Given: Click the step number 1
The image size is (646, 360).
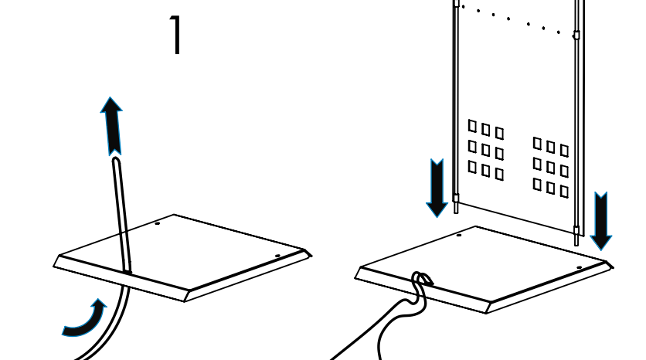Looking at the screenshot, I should (177, 36).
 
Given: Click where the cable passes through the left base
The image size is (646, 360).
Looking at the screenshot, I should (126, 270).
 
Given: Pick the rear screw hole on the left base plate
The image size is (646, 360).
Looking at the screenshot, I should (157, 224).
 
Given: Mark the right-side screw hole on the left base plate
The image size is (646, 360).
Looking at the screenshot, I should (277, 256).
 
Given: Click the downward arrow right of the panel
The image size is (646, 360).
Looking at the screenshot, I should (600, 221).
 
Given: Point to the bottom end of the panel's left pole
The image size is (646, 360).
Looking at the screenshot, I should (456, 209).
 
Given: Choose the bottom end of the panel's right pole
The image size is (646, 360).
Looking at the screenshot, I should (576, 240).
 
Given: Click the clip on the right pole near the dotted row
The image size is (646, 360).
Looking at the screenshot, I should (576, 35).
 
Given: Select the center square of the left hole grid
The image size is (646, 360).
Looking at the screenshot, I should (486, 150).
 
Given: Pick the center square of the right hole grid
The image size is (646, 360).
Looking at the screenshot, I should (551, 168).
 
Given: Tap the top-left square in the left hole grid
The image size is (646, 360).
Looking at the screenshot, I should (472, 125).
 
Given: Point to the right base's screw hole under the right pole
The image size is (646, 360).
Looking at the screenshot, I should (579, 268).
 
